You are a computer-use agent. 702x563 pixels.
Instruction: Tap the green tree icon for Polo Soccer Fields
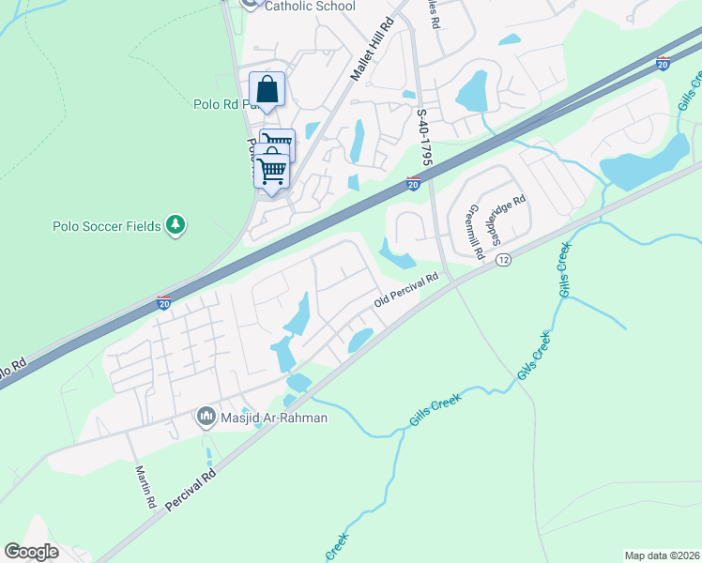click(175, 225)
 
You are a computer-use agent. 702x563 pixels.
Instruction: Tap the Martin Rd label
click(145, 486)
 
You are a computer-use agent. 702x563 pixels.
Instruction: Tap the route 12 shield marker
click(503, 259)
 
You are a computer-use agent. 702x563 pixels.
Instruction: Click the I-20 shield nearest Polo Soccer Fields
click(163, 303)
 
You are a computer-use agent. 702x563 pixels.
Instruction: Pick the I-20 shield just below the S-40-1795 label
click(413, 184)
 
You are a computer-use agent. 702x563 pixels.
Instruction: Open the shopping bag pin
click(267, 90)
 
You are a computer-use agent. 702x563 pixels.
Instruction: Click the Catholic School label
click(310, 7)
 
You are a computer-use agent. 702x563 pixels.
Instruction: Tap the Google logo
click(31, 551)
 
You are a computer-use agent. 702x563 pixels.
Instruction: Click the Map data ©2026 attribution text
click(661, 555)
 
